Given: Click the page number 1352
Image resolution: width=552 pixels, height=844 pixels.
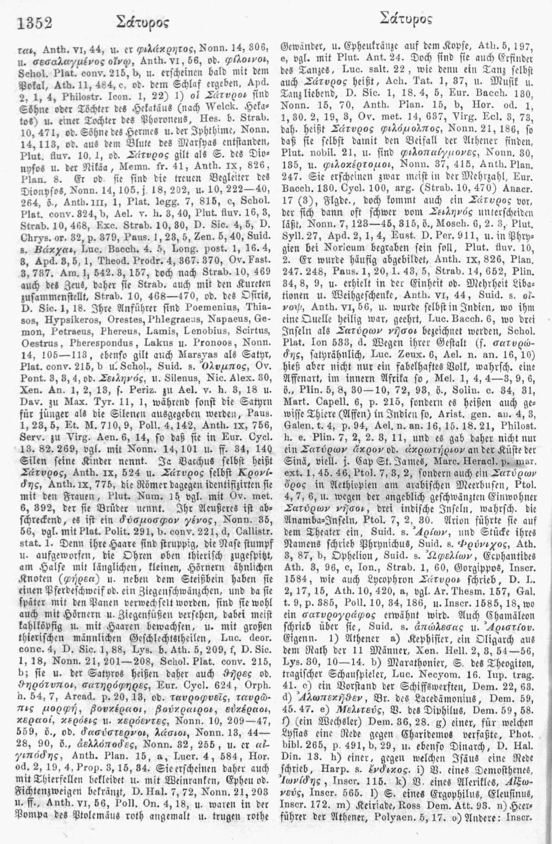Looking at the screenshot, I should (35, 22).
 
